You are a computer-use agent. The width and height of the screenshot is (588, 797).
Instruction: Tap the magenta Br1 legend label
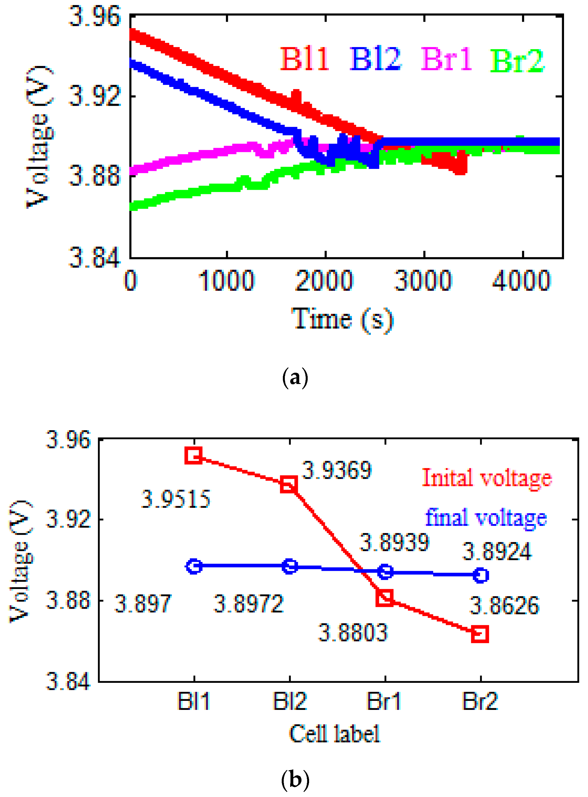pyautogui.click(x=447, y=59)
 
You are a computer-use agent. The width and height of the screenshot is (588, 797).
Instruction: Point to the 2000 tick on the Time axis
pyautogui.click(x=324, y=281)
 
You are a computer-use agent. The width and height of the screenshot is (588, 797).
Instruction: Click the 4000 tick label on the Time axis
pyautogui.click(x=521, y=281)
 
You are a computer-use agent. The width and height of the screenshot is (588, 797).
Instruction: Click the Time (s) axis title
pyautogui.click(x=342, y=319)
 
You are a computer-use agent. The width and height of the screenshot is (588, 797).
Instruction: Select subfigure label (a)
pyautogui.click(x=295, y=378)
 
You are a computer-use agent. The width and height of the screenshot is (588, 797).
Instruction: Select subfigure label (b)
pyautogui.click(x=295, y=780)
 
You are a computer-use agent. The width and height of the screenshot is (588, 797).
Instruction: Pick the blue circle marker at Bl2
pyautogui.click(x=290, y=566)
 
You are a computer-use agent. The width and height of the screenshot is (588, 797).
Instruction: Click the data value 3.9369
pyautogui.click(x=337, y=470)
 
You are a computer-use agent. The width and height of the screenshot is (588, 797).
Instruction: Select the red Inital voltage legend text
pyautogui.click(x=486, y=478)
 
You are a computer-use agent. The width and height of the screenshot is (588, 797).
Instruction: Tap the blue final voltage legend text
pyautogui.click(x=486, y=518)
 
